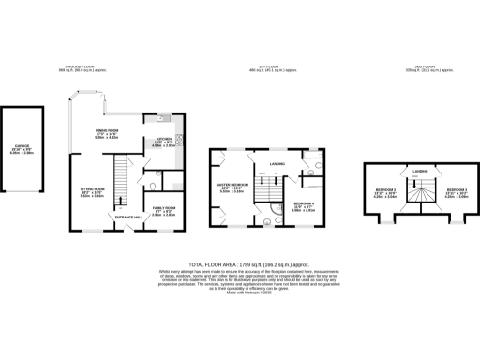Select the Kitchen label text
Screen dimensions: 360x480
pos(153,143)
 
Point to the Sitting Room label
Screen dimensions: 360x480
pos(92,193)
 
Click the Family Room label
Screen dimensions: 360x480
pos(165,209)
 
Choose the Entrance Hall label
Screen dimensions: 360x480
pos(128,217)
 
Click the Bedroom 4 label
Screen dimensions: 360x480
pos(302,207)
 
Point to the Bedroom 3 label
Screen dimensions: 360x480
pos(443,194)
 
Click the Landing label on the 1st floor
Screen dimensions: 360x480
pos(277,165)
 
